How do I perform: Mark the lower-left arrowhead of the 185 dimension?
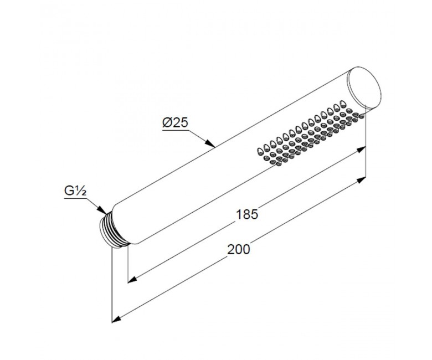(131, 280)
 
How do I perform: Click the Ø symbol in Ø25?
(167, 124)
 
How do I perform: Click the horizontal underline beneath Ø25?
(176, 131)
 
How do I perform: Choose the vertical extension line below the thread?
(112, 277)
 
